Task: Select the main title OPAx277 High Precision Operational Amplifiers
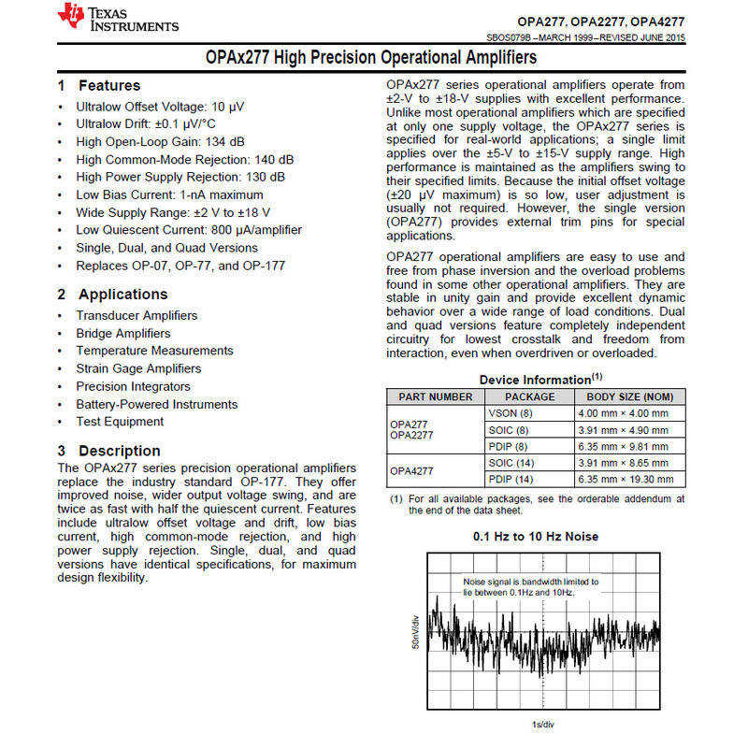[x=371, y=58]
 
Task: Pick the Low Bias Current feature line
[x=169, y=194]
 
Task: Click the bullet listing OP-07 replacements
[x=180, y=266]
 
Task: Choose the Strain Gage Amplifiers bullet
[x=138, y=368]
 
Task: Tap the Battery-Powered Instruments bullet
[x=157, y=405]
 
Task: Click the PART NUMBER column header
[x=436, y=396]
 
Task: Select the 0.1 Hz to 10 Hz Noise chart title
[x=536, y=537]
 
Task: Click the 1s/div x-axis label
[x=542, y=725]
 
